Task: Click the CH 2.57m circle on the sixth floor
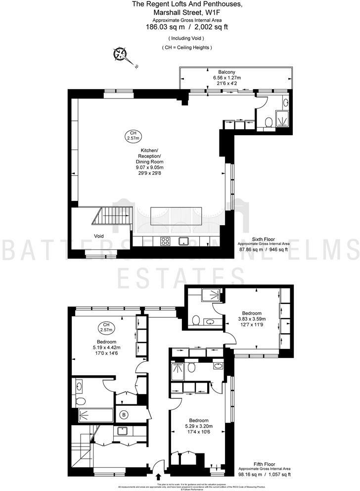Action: [133, 135]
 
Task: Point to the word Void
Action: [99, 236]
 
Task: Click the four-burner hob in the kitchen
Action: [165, 242]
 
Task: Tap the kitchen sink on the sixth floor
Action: [184, 242]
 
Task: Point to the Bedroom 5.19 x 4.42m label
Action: [106, 349]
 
